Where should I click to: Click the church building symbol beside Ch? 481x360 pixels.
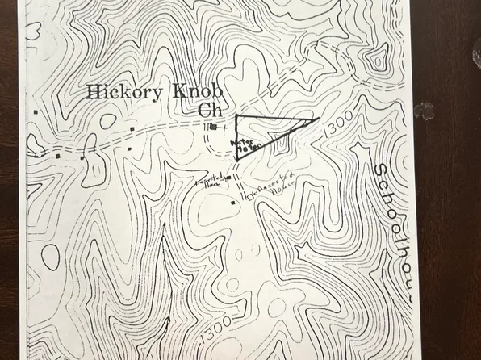pos(211,127)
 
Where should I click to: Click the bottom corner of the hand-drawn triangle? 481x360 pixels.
pos(240,160)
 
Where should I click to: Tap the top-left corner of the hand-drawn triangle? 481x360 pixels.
pos(236,118)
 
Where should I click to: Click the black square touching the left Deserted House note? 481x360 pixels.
pos(228,177)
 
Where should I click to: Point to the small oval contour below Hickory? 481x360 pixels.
pos(108,120)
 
